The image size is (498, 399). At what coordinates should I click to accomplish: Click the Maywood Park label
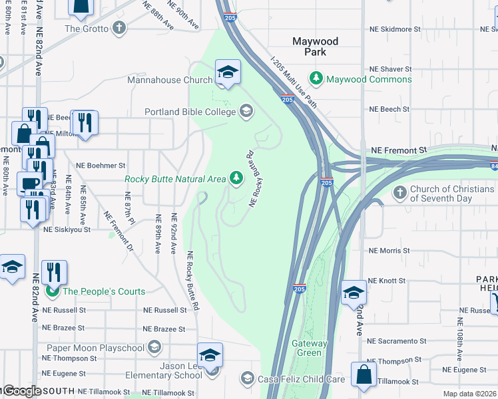[x=316, y=47]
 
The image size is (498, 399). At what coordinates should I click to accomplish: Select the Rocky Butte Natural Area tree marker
[x=236, y=178]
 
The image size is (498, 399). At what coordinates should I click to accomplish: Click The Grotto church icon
[x=119, y=28]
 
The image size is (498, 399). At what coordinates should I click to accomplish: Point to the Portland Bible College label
[x=190, y=112]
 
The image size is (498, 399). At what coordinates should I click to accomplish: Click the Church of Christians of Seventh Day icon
[x=400, y=194]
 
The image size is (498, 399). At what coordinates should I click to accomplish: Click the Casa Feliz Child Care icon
[x=247, y=379]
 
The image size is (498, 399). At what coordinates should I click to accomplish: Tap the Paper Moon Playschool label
[x=96, y=348]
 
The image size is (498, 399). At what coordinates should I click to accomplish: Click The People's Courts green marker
[x=50, y=291]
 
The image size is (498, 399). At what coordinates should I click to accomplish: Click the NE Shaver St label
[x=391, y=69]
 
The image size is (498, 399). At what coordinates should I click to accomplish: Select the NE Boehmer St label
[x=101, y=165]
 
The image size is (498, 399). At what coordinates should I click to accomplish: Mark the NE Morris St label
[x=389, y=251]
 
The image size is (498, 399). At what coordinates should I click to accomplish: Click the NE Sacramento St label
[x=397, y=341]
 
